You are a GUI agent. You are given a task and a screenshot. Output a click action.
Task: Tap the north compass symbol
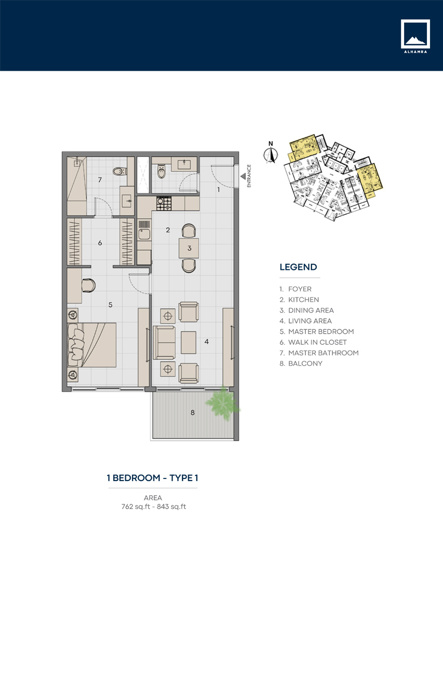click(270, 155)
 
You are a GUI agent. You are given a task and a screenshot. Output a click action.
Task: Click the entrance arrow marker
click(243, 177)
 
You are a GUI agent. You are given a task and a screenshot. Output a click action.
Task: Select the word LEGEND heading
click(298, 267)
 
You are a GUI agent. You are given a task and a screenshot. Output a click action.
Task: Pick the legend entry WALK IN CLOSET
click(317, 342)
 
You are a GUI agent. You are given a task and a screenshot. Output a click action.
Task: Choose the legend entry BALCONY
click(305, 363)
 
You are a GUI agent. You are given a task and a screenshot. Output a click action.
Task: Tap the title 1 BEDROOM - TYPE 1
click(152, 478)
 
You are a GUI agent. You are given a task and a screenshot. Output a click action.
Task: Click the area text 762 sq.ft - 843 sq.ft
click(153, 506)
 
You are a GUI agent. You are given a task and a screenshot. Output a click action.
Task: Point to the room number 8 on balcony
click(192, 412)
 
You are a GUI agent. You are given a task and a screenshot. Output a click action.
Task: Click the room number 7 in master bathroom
click(99, 180)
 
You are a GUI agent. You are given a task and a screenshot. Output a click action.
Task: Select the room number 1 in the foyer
click(218, 190)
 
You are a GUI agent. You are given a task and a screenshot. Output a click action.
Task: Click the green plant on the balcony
click(223, 404)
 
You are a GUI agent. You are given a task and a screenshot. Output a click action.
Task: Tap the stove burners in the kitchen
click(164, 203)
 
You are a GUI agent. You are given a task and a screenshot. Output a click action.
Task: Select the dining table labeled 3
click(189, 248)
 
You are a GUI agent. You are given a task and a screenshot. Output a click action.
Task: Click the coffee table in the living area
click(188, 342)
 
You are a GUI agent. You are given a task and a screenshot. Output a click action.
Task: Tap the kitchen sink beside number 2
click(144, 234)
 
